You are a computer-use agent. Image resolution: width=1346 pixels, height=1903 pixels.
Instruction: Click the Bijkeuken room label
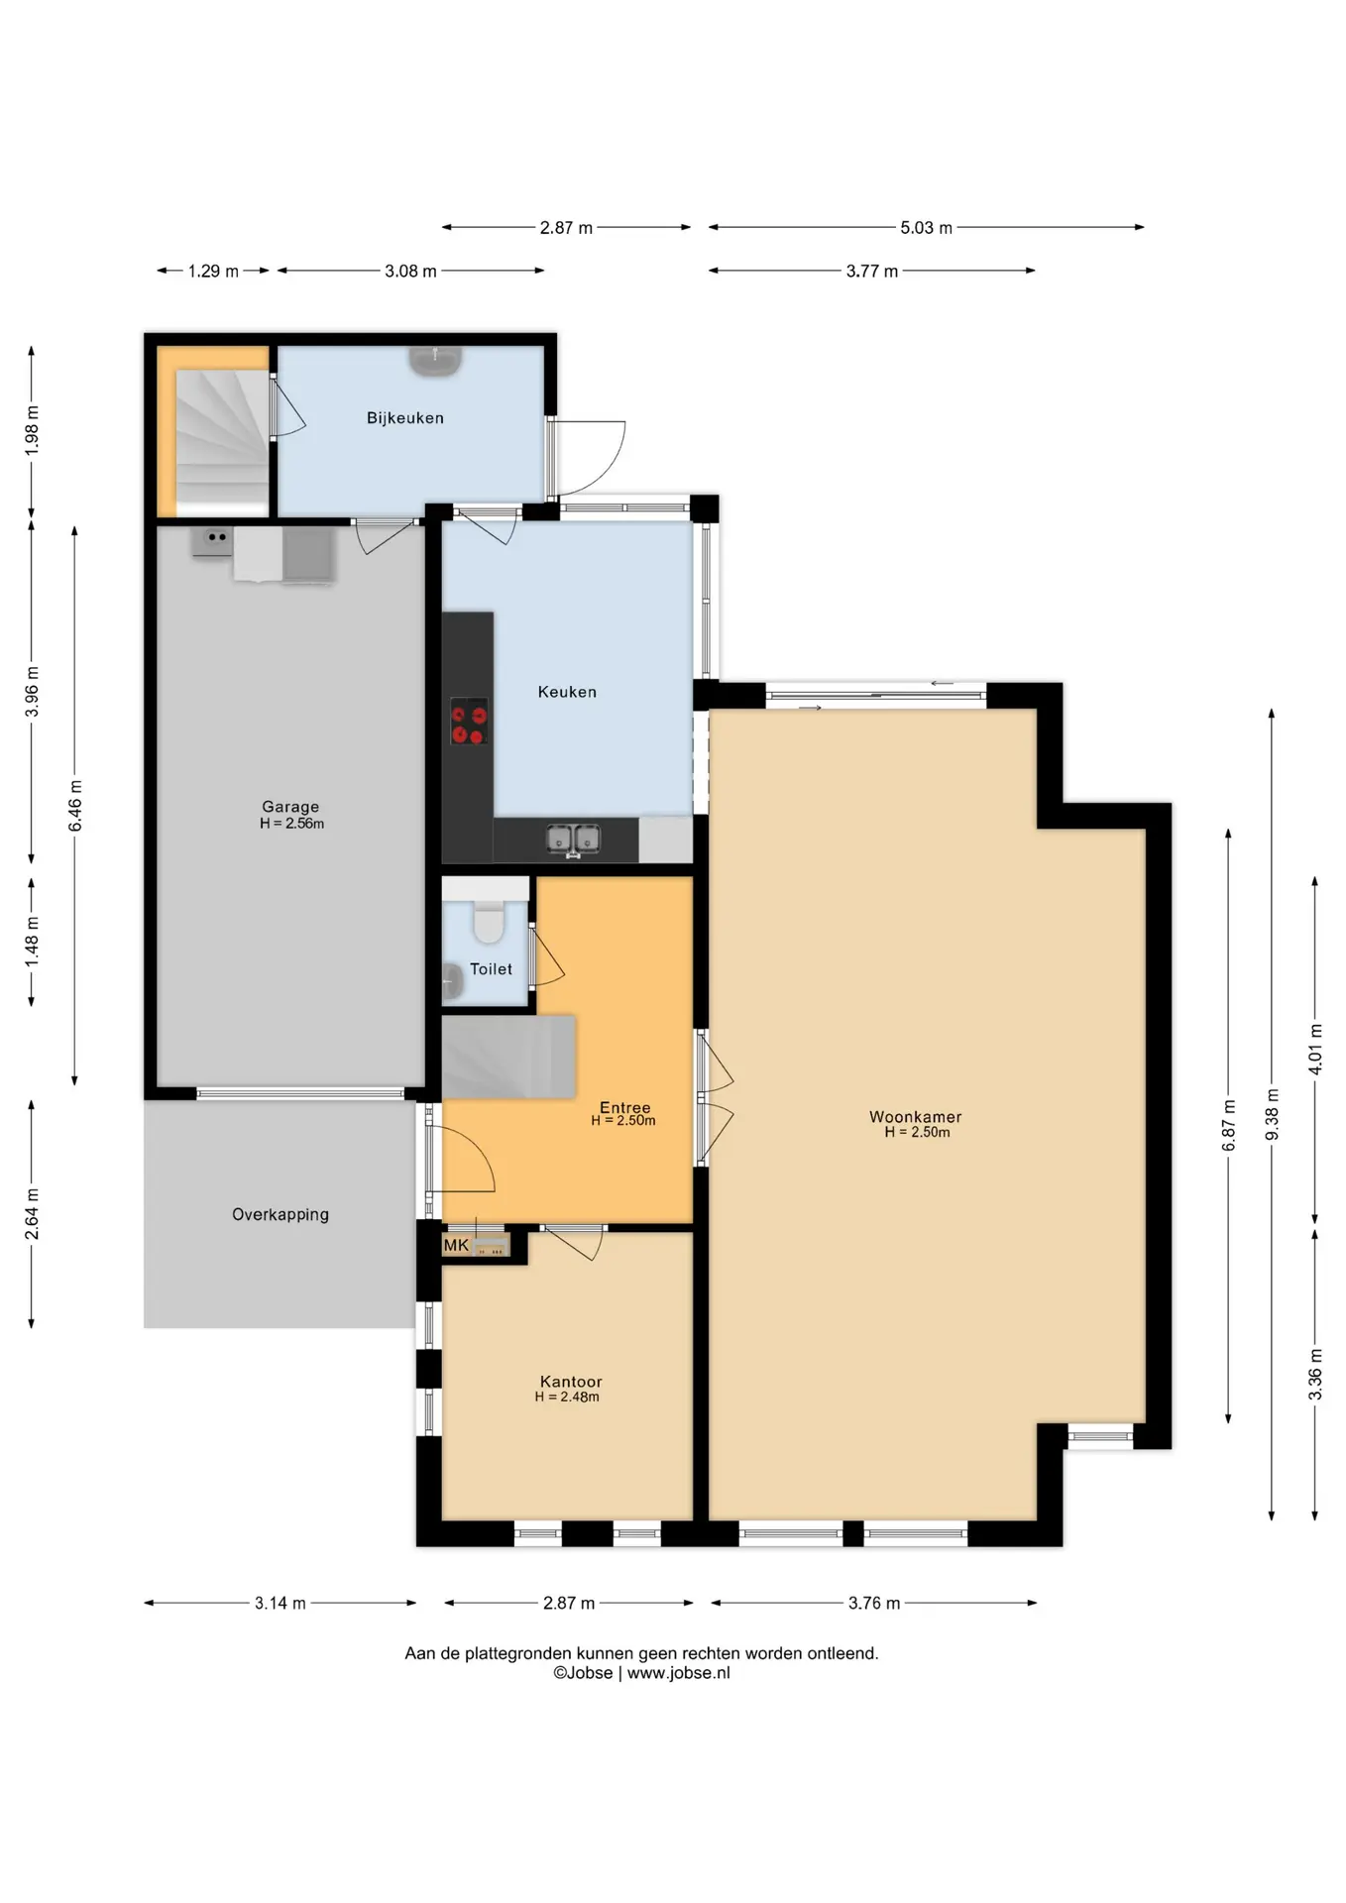tap(404, 418)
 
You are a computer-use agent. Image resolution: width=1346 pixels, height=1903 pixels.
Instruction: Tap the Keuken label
tap(567, 692)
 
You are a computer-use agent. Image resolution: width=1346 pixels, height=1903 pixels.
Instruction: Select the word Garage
tap(290, 807)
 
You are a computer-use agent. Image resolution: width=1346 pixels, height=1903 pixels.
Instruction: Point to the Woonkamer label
tap(915, 1117)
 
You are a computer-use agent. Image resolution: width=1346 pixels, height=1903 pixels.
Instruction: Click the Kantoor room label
tap(571, 1382)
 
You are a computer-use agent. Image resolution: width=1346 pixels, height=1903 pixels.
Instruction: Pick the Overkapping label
tap(280, 1214)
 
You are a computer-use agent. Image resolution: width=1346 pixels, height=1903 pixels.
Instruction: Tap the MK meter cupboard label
tap(456, 1245)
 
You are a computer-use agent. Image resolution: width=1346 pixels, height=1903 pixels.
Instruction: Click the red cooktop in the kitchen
tap(469, 722)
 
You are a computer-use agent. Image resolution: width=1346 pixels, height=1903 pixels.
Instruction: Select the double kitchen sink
tap(573, 840)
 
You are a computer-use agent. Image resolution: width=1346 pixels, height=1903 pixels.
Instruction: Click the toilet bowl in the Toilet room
tap(488, 921)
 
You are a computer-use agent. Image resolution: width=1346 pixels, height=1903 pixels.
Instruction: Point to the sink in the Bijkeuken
tap(435, 361)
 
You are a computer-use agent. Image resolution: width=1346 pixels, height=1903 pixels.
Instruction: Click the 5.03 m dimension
tap(926, 227)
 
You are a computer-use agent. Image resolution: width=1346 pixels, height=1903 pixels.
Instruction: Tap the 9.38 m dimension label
tap(1272, 1114)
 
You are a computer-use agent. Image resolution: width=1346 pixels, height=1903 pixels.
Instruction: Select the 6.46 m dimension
tap(75, 806)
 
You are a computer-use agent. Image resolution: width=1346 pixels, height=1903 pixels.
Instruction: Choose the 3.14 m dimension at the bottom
tap(280, 1603)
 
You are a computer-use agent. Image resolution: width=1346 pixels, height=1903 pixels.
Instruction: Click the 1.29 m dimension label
tap(213, 271)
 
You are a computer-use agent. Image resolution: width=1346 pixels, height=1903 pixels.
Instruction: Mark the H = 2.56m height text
tap(291, 824)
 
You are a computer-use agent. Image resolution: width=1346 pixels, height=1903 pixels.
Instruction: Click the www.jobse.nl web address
tap(678, 1673)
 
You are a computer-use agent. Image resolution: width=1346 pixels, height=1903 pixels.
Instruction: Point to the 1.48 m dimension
tap(32, 942)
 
